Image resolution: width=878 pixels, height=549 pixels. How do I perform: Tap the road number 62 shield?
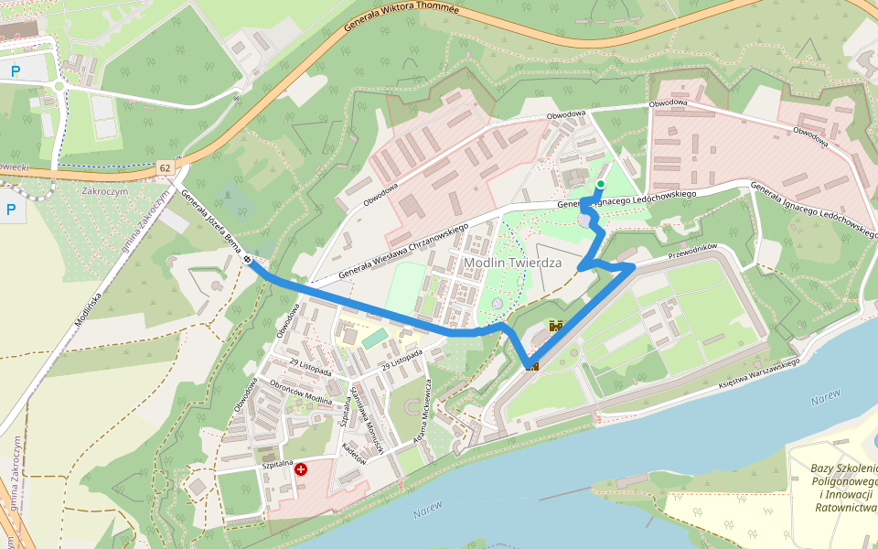pyautogui.click(x=165, y=167)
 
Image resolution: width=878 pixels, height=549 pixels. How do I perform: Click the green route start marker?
pyautogui.click(x=600, y=185)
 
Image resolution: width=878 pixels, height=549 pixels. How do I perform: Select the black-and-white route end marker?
pyautogui.click(x=249, y=260)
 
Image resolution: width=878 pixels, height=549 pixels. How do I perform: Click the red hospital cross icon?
pyautogui.click(x=300, y=468)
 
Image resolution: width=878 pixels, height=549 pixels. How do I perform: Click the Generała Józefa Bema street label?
pyautogui.click(x=210, y=220)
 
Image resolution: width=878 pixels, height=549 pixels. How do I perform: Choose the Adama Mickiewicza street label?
pyautogui.click(x=420, y=408)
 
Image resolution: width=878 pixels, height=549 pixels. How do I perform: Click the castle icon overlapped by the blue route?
pyautogui.click(x=531, y=365)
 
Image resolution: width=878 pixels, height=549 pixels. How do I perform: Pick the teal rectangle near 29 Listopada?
pyautogui.click(x=374, y=339)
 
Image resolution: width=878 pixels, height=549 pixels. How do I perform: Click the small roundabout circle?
pyautogui.click(x=60, y=87)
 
